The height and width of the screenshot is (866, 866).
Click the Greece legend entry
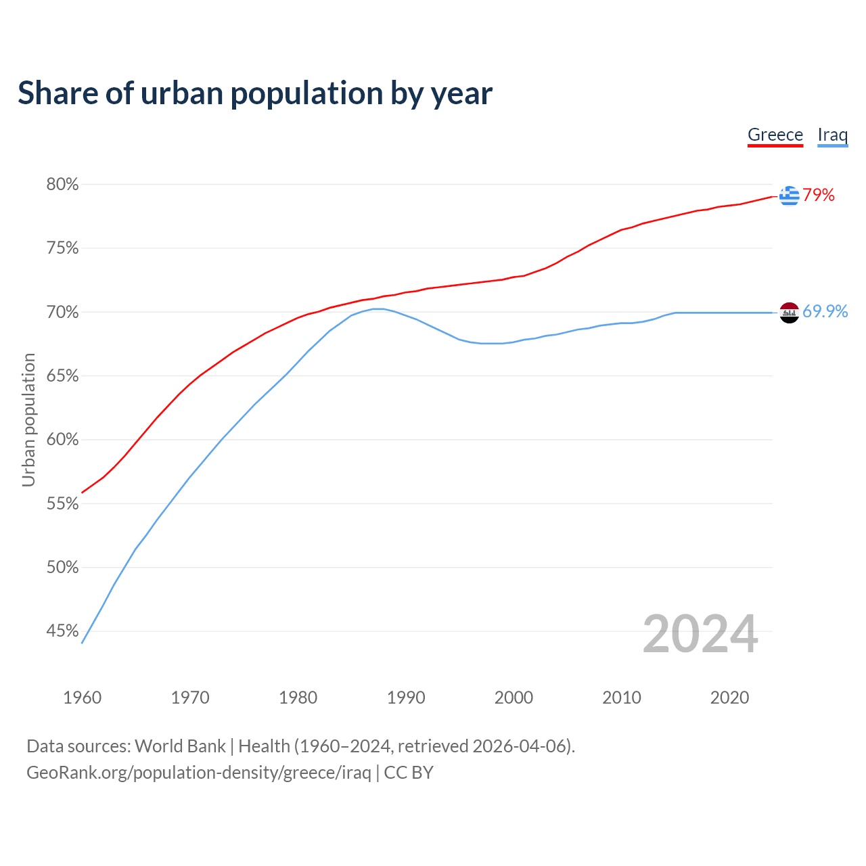pyautogui.click(x=775, y=135)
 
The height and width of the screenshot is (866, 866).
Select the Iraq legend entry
pyautogui.click(x=832, y=135)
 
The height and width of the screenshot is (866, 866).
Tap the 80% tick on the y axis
pyautogui.click(x=62, y=185)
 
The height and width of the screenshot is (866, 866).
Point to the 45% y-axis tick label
pyautogui.click(x=62, y=631)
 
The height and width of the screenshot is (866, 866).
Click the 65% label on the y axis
pyautogui.click(x=62, y=376)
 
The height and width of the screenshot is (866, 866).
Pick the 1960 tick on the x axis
pyautogui.click(x=82, y=698)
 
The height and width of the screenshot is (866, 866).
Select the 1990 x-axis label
pyautogui.click(x=406, y=698)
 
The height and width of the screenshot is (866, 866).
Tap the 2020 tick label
pyautogui.click(x=729, y=698)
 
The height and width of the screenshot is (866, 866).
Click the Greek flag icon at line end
pyautogui.click(x=789, y=196)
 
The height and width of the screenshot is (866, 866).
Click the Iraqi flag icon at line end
pyautogui.click(x=789, y=313)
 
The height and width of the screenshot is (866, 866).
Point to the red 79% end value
pyautogui.click(x=819, y=196)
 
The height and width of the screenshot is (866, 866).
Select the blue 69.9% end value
pyautogui.click(x=825, y=311)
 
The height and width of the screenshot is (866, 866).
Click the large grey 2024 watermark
pyautogui.click(x=700, y=634)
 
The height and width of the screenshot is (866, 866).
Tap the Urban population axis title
pyautogui.click(x=28, y=419)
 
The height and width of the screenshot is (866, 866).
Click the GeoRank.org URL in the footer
pyautogui.click(x=198, y=773)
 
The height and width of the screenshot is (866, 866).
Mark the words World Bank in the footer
pyautogui.click(x=180, y=746)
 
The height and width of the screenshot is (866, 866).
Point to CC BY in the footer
pyautogui.click(x=409, y=773)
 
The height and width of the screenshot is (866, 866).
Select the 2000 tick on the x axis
pyautogui.click(x=514, y=698)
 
